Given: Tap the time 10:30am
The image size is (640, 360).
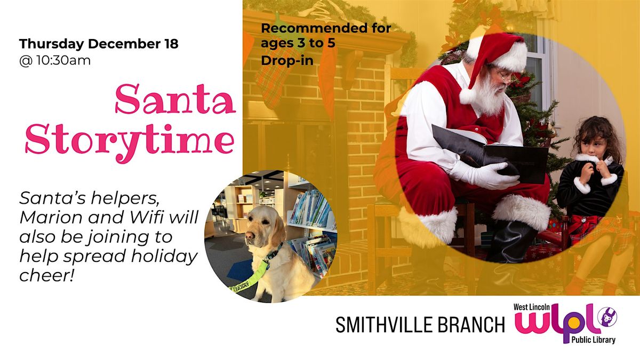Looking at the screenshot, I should pyautogui.click(x=62, y=60).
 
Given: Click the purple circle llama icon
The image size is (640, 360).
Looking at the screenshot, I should pyautogui.click(x=606, y=318).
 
